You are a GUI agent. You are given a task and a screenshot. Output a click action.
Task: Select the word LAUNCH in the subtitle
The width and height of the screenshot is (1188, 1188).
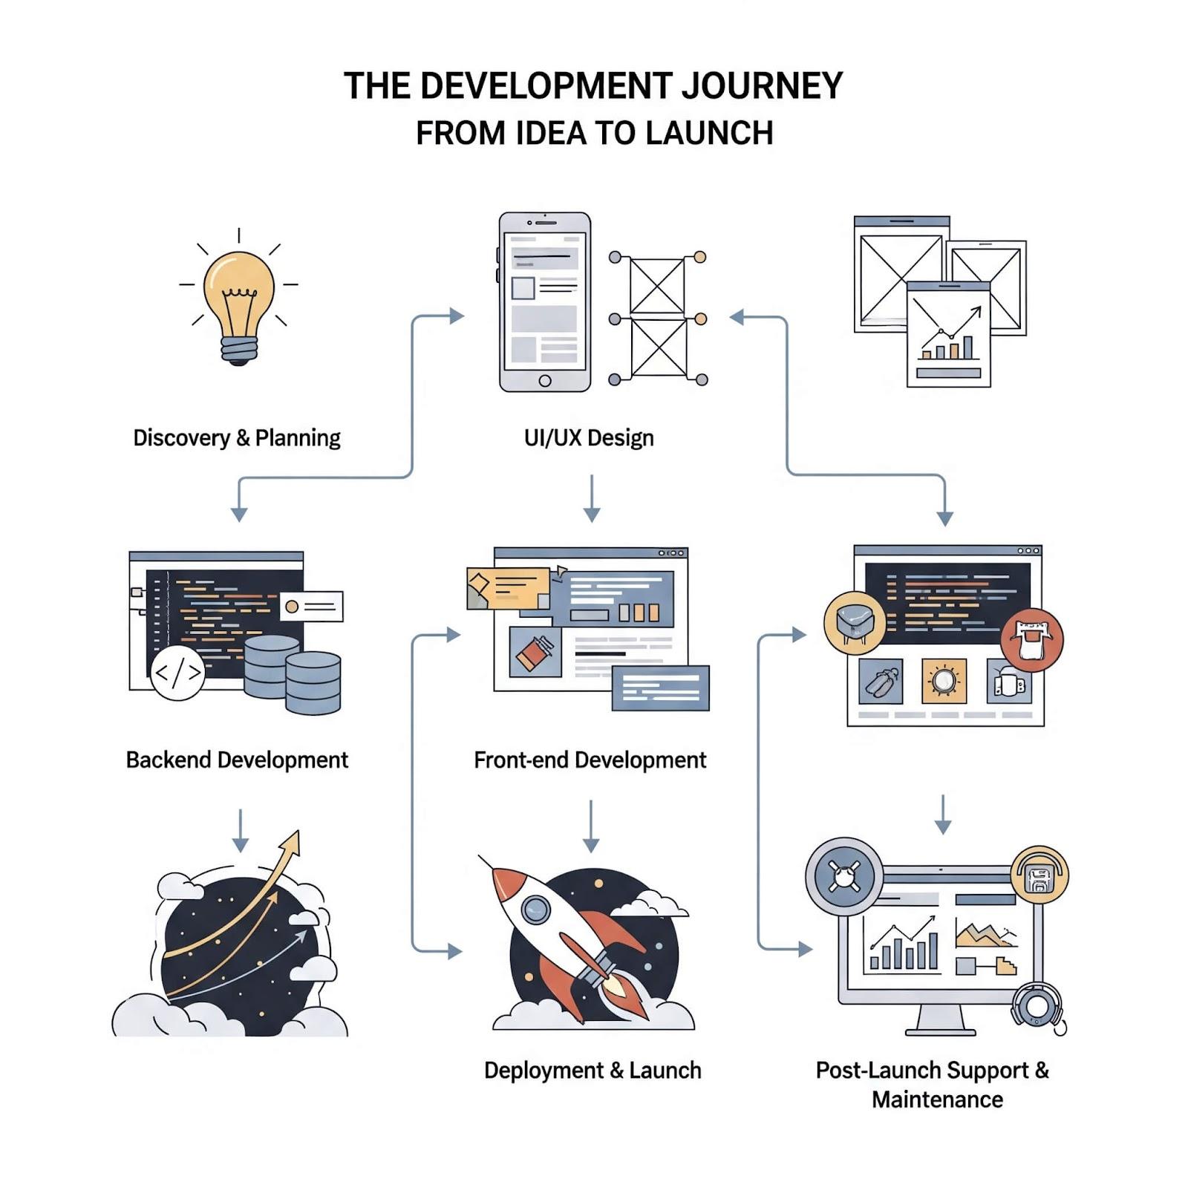[x=709, y=134]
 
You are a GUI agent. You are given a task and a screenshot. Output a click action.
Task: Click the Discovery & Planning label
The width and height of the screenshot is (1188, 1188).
[x=236, y=438]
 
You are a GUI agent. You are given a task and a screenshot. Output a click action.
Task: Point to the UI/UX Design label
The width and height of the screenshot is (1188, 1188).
[x=589, y=438]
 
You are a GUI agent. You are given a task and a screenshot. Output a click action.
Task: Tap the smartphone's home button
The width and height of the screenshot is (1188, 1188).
[x=545, y=381]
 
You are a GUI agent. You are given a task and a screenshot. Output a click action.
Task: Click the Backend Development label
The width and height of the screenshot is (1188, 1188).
[x=237, y=760]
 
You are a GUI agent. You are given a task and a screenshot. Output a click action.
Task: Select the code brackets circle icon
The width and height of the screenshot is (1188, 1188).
[x=177, y=673]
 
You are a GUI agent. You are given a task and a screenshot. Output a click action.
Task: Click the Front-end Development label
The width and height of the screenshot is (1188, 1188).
[x=590, y=760]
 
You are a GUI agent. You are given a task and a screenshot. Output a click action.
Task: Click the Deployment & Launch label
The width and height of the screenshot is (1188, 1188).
[x=593, y=1071]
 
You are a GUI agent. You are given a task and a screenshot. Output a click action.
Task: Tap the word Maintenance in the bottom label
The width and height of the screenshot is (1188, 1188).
[x=937, y=1100]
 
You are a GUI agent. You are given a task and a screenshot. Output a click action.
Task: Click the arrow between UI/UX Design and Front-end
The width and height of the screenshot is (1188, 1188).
[x=592, y=498]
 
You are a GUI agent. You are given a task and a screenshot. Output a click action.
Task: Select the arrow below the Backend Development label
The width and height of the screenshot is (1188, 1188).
[x=240, y=831]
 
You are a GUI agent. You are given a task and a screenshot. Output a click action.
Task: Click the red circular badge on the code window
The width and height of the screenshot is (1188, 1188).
[x=1032, y=639]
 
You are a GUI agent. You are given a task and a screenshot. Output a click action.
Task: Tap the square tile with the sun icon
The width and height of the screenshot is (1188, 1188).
[x=944, y=681]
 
